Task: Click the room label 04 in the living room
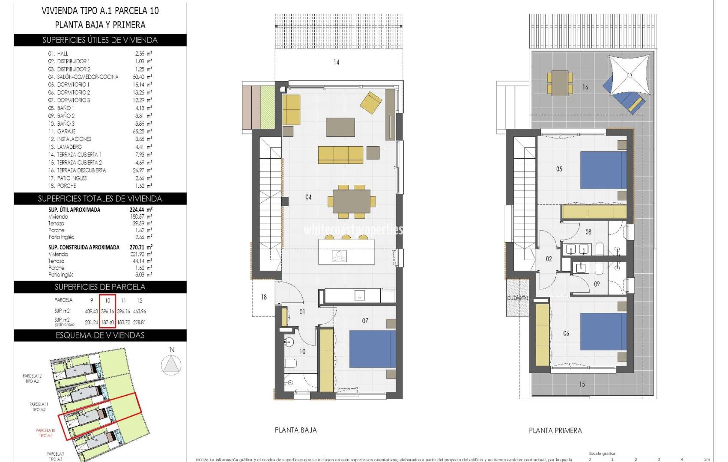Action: pyautogui.click(x=308, y=197)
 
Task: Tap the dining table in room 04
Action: pyautogui.click(x=352, y=201)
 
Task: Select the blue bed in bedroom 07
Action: pyautogui.click(x=372, y=349)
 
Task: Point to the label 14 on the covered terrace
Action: pyautogui.click(x=336, y=62)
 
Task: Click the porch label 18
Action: pyautogui.click(x=264, y=297)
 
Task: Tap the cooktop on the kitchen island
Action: pyautogui.click(x=340, y=256)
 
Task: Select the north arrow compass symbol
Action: pyautogui.click(x=171, y=364)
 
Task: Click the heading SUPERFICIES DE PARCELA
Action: pyautogui.click(x=100, y=287)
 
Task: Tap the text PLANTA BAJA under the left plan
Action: pyautogui.click(x=295, y=430)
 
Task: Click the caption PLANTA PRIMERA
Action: pyautogui.click(x=555, y=431)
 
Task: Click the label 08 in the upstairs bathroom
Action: pyautogui.click(x=588, y=232)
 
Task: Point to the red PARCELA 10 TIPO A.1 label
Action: pyautogui.click(x=45, y=433)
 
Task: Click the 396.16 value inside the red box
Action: pyautogui.click(x=107, y=311)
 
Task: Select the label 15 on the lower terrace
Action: pyautogui.click(x=582, y=384)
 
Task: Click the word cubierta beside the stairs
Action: pyautogui.click(x=517, y=298)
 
